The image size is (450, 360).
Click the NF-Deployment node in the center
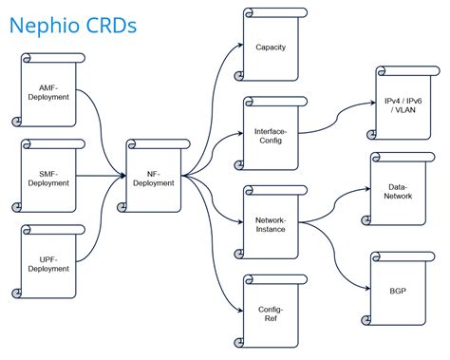point(153,177)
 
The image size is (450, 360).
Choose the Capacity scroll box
point(271,47)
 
